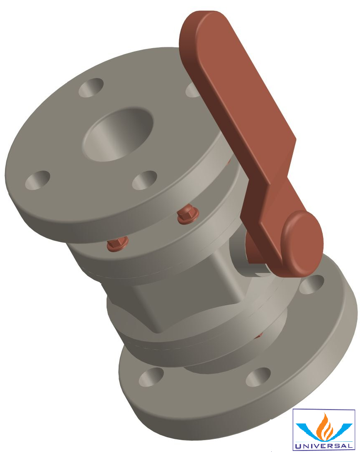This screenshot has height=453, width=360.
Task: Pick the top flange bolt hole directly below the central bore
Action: click(145, 180)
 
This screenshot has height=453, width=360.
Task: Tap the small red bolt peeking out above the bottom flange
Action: click(260, 334)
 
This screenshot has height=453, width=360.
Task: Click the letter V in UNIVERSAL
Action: click(319, 446)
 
